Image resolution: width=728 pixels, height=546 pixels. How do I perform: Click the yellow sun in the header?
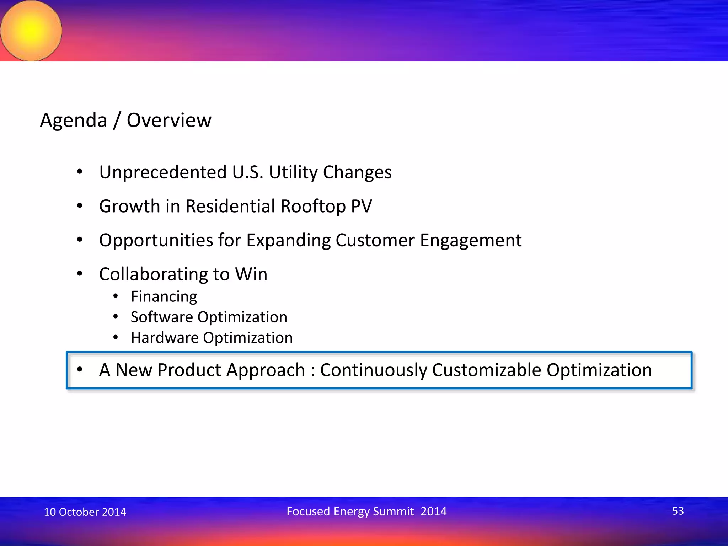coord(31,31)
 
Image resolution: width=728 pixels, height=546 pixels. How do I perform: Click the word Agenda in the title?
coord(73,120)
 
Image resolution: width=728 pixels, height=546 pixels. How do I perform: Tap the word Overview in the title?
coord(169,120)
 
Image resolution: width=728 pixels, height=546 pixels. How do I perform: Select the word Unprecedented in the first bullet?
coord(163,172)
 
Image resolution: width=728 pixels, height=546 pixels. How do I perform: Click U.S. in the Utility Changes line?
coord(248,172)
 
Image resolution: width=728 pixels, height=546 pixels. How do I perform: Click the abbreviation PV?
coord(361,206)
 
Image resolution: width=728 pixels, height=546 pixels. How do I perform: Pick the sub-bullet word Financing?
coord(164,296)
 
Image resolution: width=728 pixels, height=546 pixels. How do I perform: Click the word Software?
coord(161,317)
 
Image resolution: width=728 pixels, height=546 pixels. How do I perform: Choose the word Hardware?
coord(165,338)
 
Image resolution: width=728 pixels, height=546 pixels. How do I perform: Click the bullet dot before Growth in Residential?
coord(80,205)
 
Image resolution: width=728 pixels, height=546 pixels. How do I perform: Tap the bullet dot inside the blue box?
coord(80,369)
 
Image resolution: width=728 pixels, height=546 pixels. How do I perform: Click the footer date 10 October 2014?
coord(85,512)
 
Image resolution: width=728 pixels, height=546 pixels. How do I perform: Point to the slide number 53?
coord(678,511)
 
